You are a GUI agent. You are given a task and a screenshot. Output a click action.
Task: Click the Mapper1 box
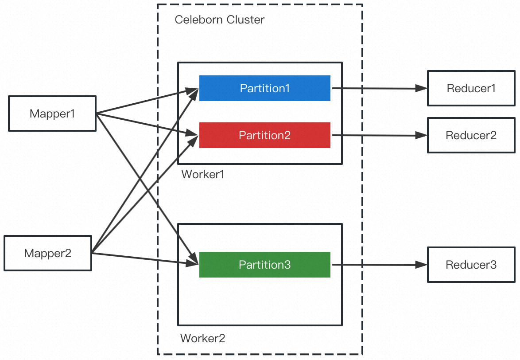point(52,113)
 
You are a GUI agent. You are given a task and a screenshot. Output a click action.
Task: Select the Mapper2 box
point(47,253)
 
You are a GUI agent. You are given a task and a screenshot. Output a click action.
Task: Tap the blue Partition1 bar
point(264,88)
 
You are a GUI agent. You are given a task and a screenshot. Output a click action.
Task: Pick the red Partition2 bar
point(264,135)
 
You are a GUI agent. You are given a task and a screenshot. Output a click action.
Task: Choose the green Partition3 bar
point(264,265)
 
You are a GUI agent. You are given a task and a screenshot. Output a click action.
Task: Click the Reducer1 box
point(471,88)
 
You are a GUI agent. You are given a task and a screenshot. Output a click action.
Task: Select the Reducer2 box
point(471,135)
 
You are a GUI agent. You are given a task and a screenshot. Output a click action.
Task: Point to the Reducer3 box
point(471,265)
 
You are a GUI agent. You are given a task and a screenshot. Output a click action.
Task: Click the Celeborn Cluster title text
point(219,20)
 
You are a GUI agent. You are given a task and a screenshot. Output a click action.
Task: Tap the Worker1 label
point(203,174)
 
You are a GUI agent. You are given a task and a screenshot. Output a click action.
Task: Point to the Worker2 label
point(202,339)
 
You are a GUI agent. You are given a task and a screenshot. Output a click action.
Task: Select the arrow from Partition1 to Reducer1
point(376,88)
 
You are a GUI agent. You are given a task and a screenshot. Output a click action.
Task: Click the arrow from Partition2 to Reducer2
point(376,135)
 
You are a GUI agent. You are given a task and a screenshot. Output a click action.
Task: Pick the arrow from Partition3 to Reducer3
point(376,265)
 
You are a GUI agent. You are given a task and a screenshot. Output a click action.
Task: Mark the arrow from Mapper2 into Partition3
point(142,258)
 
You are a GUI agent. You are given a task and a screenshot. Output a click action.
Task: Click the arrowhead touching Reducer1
point(422,88)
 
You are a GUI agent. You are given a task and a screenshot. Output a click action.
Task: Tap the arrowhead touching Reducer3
point(422,265)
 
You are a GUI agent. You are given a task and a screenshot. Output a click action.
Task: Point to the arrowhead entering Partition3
point(193,263)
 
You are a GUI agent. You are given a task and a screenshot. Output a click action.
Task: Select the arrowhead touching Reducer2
point(422,135)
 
